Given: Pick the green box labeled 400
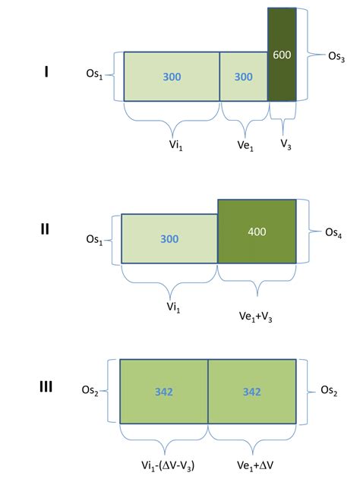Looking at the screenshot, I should (x=257, y=231).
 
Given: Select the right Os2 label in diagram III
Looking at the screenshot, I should (x=327, y=390).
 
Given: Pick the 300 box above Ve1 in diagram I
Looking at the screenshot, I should (x=244, y=77).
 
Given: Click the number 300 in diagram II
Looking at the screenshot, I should (x=169, y=239).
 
